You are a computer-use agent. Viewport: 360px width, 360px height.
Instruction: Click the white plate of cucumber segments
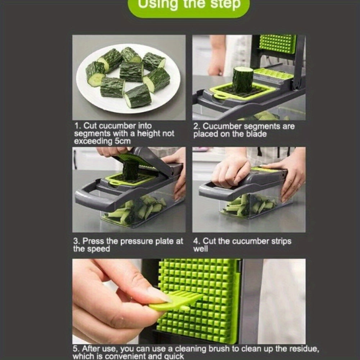pos(128,78)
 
